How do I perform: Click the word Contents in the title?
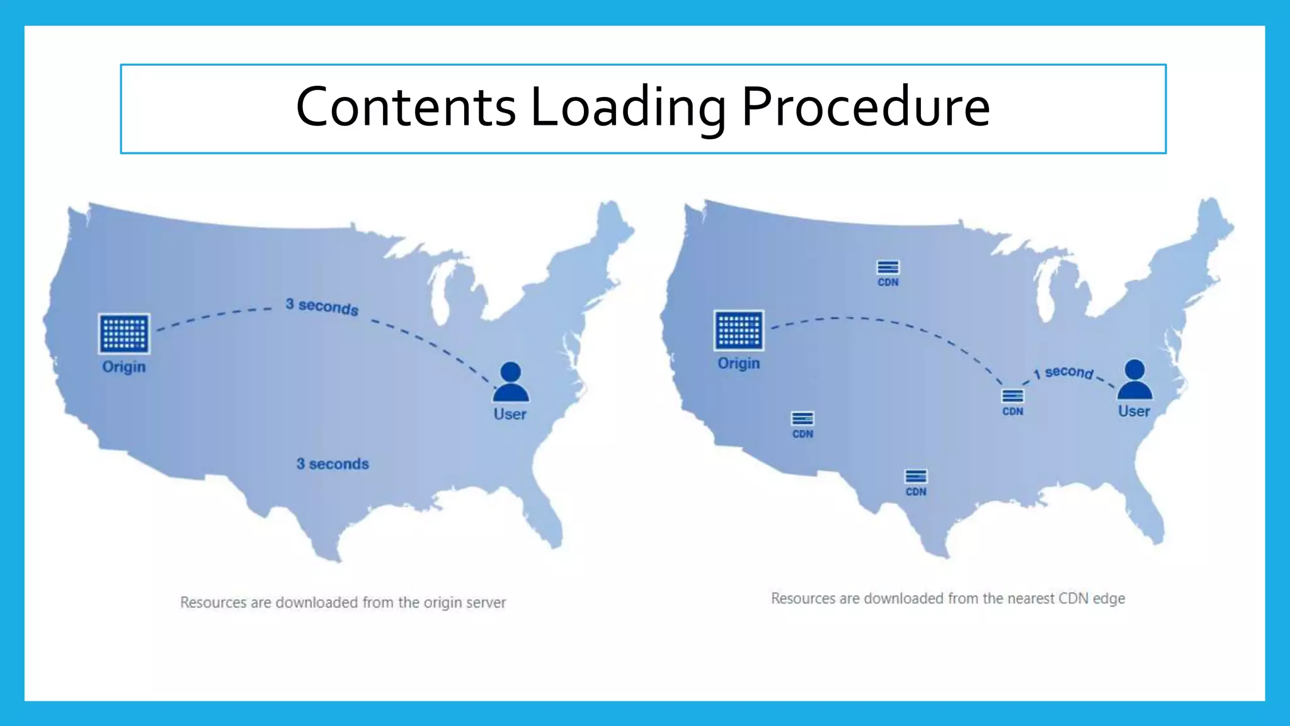click(x=406, y=107)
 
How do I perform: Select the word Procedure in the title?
click(x=865, y=107)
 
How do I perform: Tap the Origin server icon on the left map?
click(x=124, y=333)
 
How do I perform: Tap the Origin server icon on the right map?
click(x=739, y=330)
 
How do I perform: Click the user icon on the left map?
click(x=511, y=382)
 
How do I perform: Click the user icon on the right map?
click(x=1134, y=379)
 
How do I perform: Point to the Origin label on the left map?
click(x=124, y=367)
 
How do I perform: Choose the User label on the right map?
click(x=1134, y=412)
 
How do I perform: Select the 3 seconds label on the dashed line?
click(x=322, y=307)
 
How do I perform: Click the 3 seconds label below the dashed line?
click(x=333, y=464)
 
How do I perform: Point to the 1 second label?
click(x=1064, y=372)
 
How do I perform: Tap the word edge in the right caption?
click(x=1109, y=599)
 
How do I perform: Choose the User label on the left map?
click(x=510, y=415)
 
